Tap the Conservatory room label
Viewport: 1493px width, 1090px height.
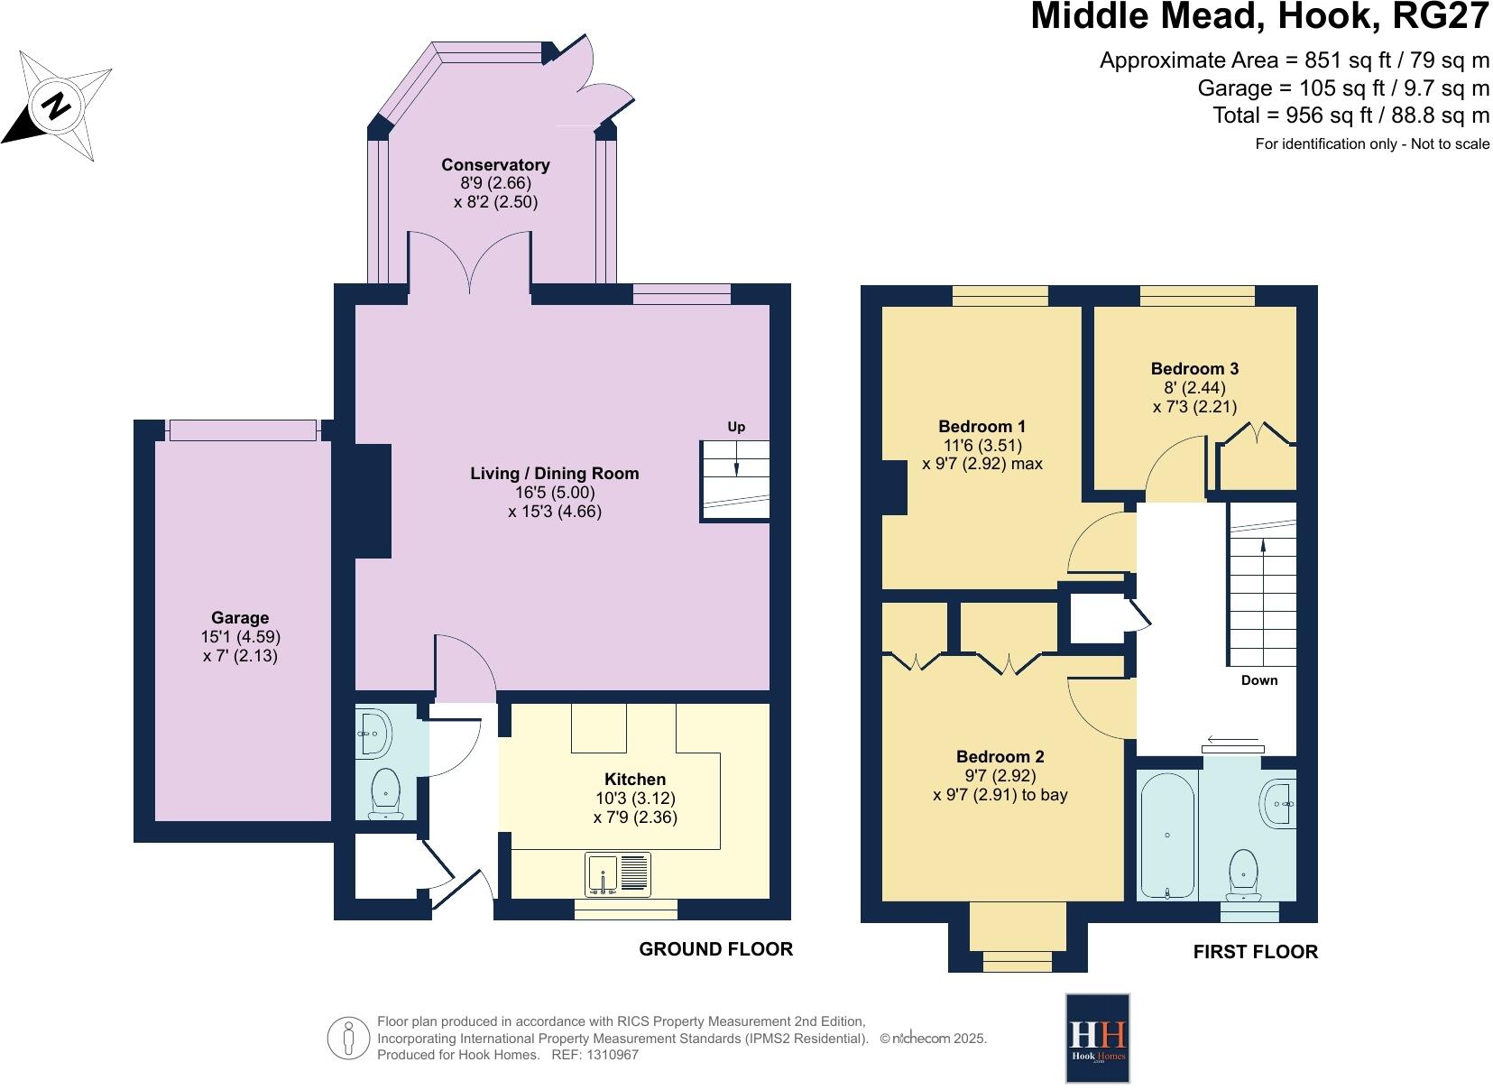point(495,165)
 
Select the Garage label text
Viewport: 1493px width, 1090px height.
point(240,618)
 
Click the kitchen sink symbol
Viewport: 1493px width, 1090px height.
point(618,874)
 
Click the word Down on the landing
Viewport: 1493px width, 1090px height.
point(1258,680)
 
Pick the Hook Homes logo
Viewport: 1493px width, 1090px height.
point(1097,1038)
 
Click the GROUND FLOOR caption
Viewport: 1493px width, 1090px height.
point(715,949)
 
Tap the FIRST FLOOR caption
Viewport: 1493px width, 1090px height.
point(1255,952)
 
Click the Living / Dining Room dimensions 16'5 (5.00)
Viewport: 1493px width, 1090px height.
point(555,493)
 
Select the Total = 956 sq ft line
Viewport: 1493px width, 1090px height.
point(1350,115)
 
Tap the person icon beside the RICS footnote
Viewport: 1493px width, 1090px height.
point(348,1039)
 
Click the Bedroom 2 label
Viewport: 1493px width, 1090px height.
point(1000,757)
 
